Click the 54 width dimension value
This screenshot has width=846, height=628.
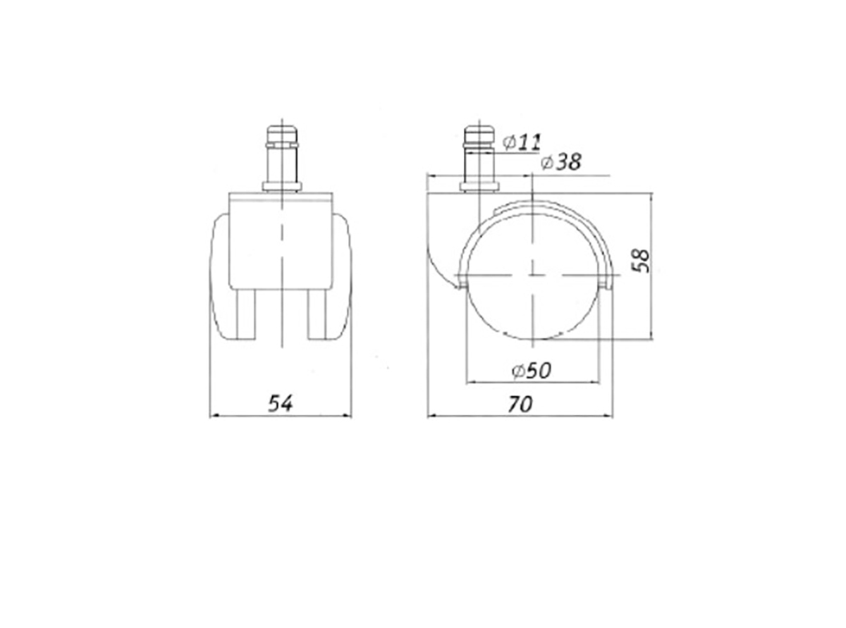tap(281, 404)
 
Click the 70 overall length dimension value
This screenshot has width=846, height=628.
tap(520, 404)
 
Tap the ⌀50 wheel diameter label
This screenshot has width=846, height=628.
tap(532, 371)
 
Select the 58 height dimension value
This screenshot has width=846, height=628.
tap(641, 261)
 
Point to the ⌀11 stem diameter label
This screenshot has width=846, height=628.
tap(522, 142)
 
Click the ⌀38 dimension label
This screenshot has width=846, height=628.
tap(560, 162)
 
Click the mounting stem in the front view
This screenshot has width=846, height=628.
tap(282, 157)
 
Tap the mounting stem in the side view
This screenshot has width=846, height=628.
tap(479, 157)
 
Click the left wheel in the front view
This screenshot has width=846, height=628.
tap(220, 276)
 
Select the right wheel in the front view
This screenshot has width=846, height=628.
tap(342, 276)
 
